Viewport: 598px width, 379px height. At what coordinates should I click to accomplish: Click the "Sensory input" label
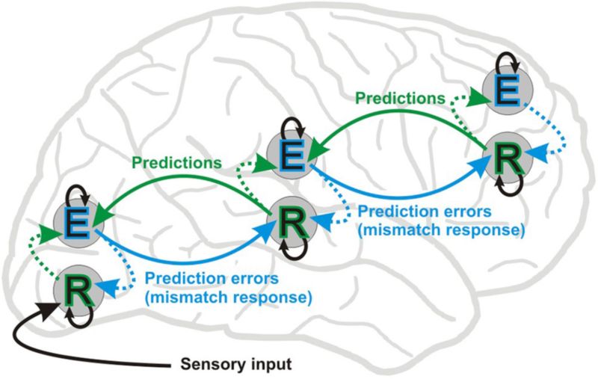pyautogui.click(x=236, y=364)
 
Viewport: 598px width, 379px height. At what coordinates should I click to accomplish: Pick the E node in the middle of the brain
pyautogui.click(x=292, y=155)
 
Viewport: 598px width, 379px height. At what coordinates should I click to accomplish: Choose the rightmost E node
pyautogui.click(x=508, y=89)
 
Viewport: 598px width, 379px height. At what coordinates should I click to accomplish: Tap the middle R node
pyautogui.click(x=293, y=222)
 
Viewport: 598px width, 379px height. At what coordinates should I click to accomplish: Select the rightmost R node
pyautogui.click(x=508, y=157)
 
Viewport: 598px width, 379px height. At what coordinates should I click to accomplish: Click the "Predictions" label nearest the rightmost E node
pyautogui.click(x=400, y=98)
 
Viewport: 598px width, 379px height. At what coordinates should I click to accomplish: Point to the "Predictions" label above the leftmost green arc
pyautogui.click(x=176, y=163)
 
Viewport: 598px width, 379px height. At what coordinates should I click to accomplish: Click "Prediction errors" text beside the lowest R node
pyautogui.click(x=212, y=278)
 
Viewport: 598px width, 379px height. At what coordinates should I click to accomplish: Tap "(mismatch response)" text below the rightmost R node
pyautogui.click(x=441, y=230)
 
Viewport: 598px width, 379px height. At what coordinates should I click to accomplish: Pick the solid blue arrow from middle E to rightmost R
pyautogui.click(x=397, y=197)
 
